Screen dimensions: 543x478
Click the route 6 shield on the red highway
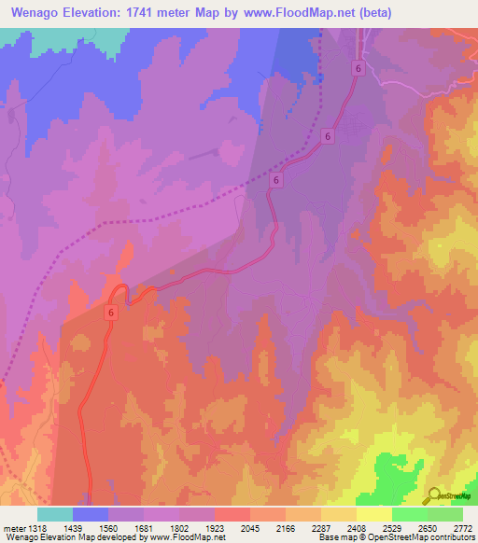[x=111, y=315]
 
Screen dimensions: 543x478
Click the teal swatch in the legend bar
[x=55, y=514]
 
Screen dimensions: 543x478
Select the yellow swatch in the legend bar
[x=373, y=514]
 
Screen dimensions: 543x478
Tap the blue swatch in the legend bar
[x=91, y=514]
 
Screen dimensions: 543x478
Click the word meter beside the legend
[x=11, y=529]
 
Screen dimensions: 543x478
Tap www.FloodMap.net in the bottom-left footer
[x=191, y=537]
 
